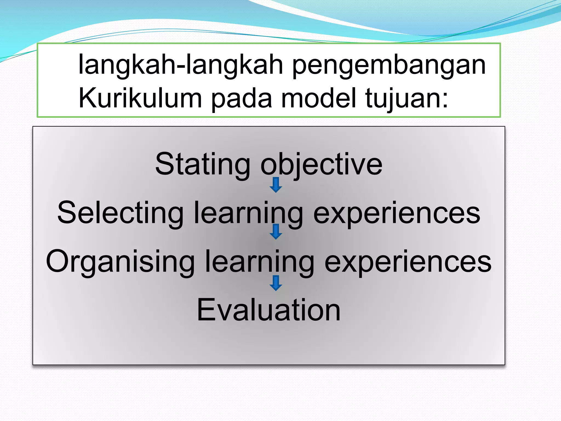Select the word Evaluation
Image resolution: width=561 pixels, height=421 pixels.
[269, 310]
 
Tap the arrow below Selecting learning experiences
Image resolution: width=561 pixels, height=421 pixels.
[276, 232]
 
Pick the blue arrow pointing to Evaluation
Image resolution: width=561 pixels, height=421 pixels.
[276, 283]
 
